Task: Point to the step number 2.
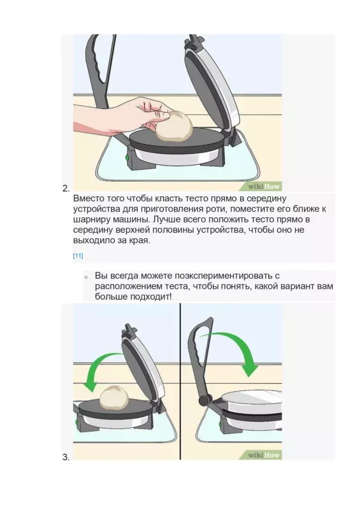tap(66, 189)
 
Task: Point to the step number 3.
tap(66, 457)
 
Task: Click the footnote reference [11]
tap(78, 256)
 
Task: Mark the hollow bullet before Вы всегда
tap(85, 277)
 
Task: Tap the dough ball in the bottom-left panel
tap(115, 397)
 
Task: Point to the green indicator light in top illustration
tap(127, 157)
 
